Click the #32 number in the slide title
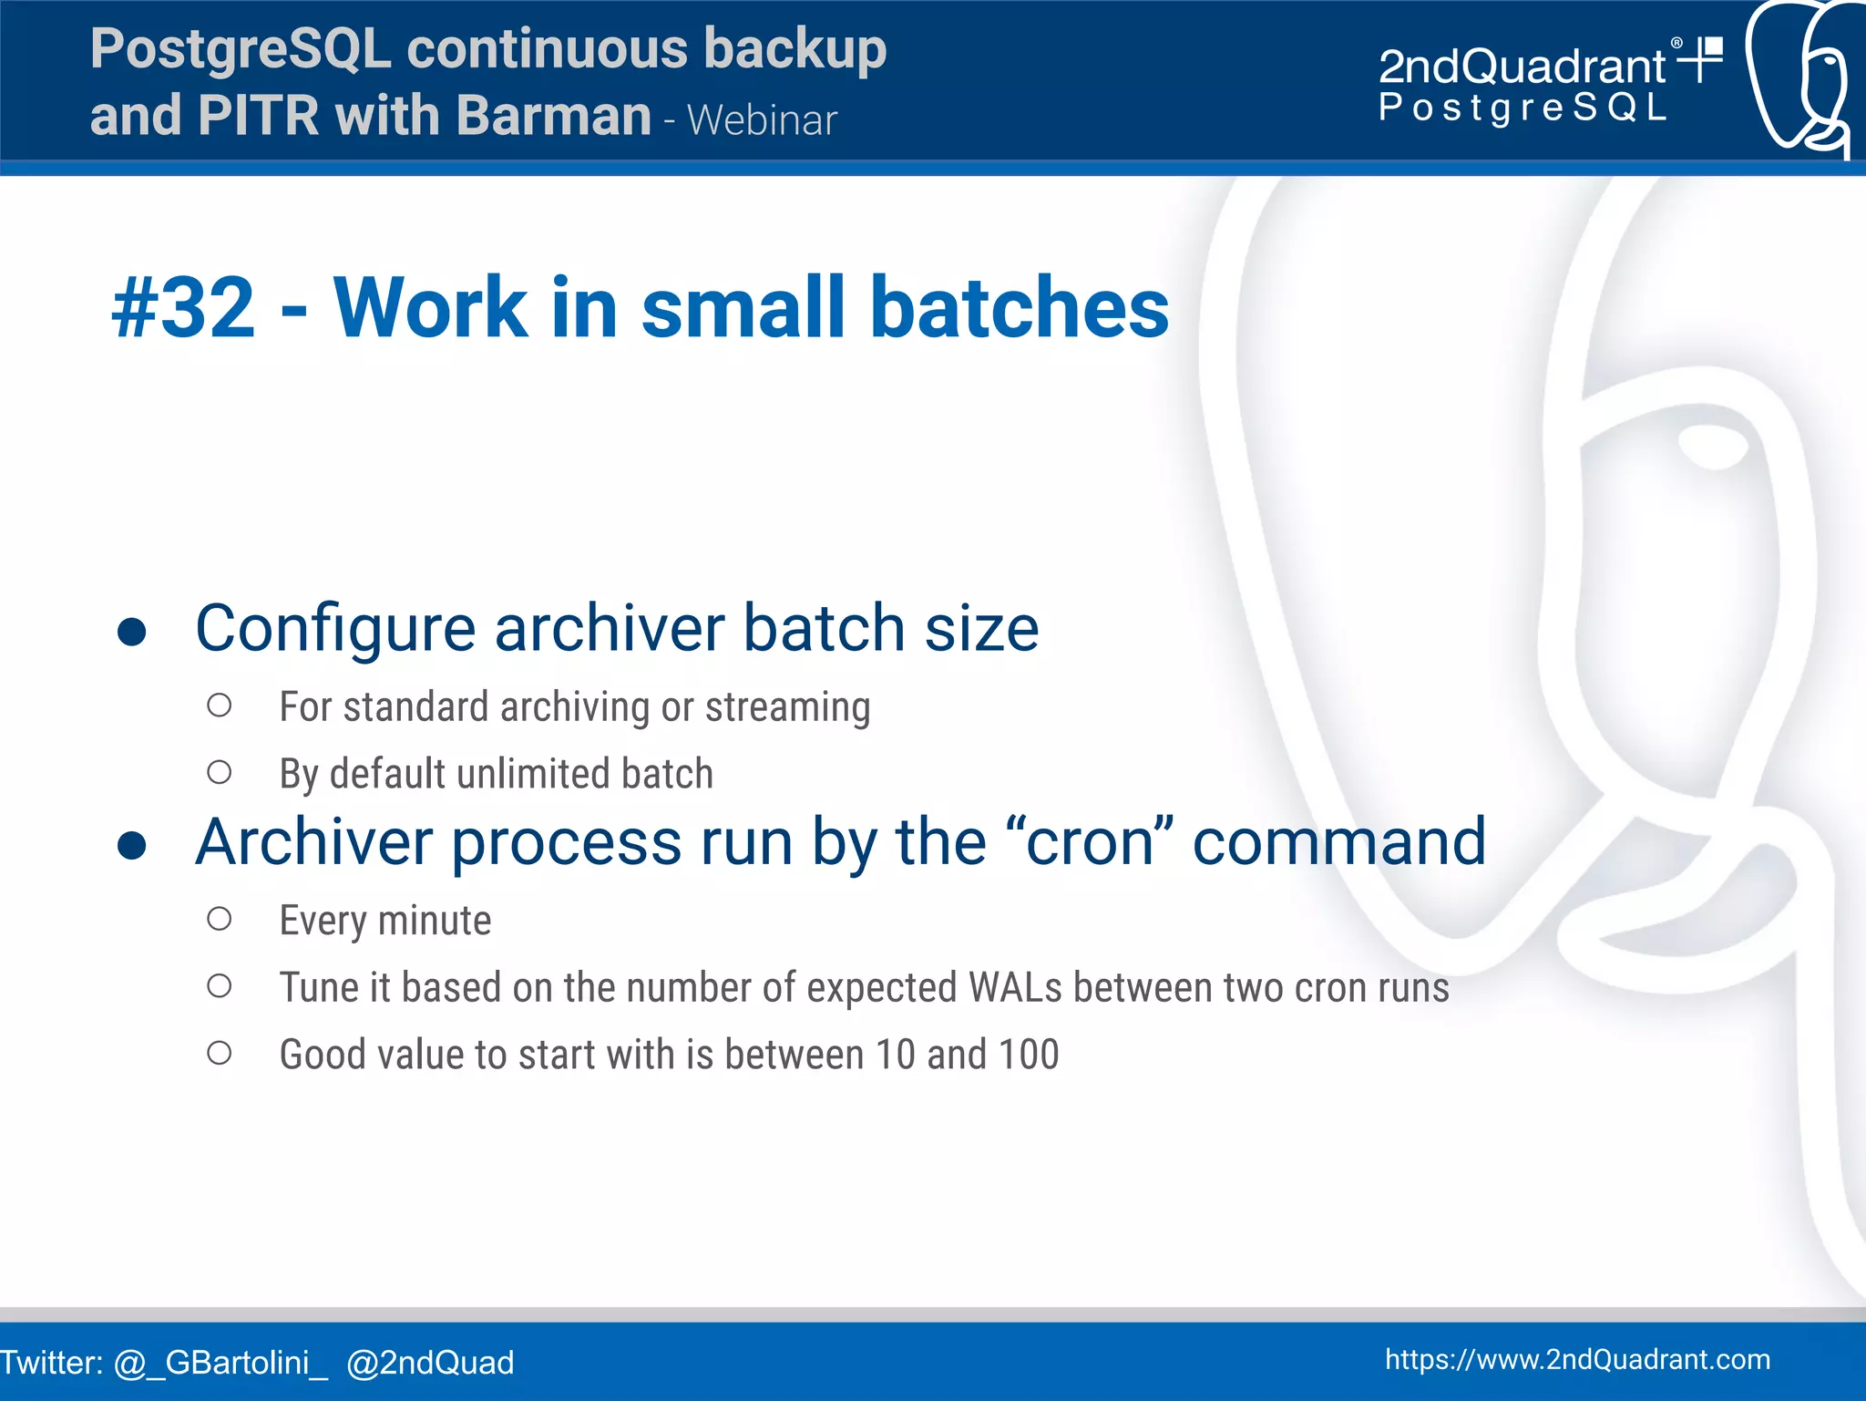pos(183,308)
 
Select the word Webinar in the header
pos(762,120)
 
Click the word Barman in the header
pos(553,116)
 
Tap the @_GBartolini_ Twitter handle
pos(220,1363)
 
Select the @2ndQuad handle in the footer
pos(430,1363)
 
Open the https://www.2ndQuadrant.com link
pos(1577,1359)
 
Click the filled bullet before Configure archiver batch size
pos(132,632)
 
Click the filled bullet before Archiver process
pos(132,845)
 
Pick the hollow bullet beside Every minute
pos(219,919)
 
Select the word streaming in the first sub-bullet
pos(788,707)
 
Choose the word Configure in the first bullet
pos(335,629)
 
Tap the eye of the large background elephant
pos(1713,445)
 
